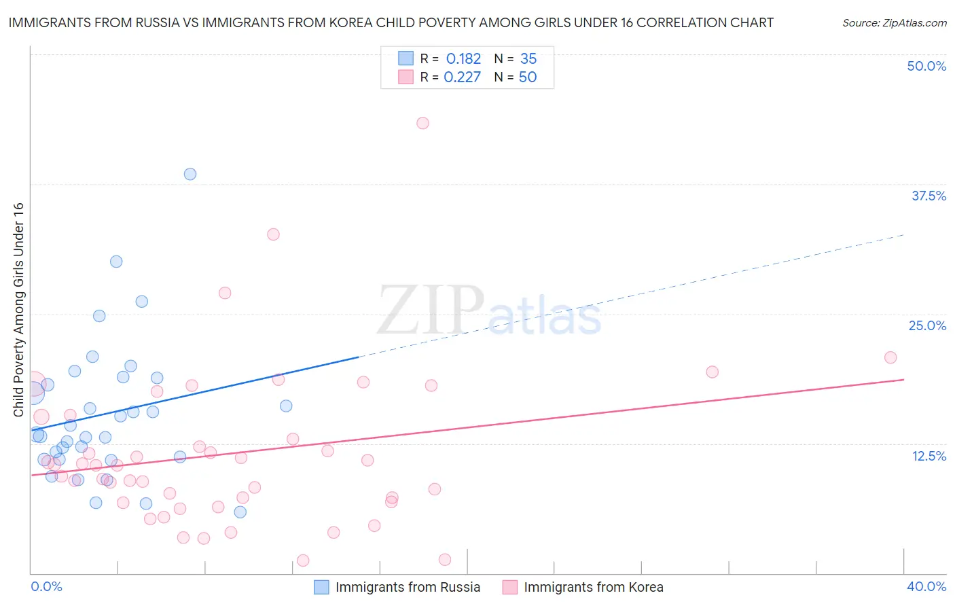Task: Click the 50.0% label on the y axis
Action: point(926,66)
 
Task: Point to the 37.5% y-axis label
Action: point(929,196)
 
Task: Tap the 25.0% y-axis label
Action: point(927,325)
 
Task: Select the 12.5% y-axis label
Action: point(929,456)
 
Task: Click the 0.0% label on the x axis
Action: point(46,586)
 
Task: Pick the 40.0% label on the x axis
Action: point(926,586)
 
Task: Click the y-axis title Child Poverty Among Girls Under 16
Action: point(18,310)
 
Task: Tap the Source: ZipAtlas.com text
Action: point(894,22)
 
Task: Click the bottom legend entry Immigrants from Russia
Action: point(408,587)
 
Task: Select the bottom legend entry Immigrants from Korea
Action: point(593,587)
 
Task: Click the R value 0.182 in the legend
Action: point(463,58)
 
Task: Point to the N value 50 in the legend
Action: point(527,77)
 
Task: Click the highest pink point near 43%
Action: point(422,123)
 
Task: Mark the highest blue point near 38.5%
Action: point(190,174)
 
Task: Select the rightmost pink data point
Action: point(890,357)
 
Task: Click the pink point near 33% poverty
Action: point(273,234)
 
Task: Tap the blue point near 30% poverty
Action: point(116,262)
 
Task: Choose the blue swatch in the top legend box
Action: point(406,58)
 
